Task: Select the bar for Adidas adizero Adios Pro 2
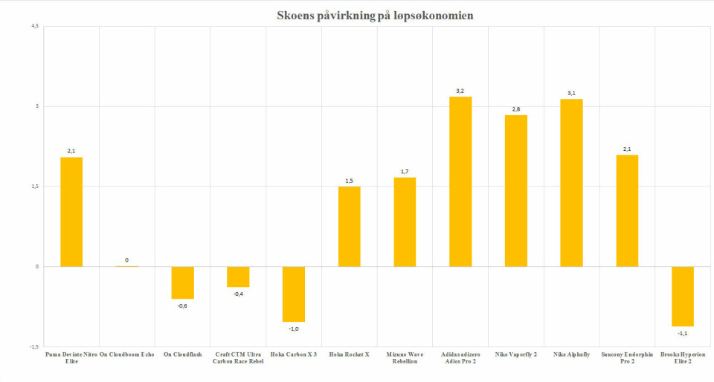(x=460, y=181)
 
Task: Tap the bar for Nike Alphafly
(x=571, y=183)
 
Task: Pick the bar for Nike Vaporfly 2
(x=515, y=191)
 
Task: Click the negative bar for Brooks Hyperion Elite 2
(x=682, y=296)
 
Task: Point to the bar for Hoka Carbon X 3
(x=294, y=294)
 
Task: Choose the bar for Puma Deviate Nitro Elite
(x=71, y=212)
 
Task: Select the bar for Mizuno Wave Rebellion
(x=405, y=221)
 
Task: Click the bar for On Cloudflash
(x=182, y=282)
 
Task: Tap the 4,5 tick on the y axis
(x=35, y=27)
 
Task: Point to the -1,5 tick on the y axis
(x=33, y=346)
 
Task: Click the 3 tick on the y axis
(x=36, y=106)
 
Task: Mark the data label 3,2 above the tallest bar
(x=460, y=91)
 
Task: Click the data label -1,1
(x=682, y=333)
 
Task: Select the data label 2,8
(x=515, y=109)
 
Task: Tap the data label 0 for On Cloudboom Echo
(x=126, y=260)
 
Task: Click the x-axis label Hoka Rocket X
(x=349, y=355)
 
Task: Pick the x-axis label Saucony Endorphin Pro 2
(x=627, y=357)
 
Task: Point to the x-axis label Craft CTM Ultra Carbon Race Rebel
(x=238, y=357)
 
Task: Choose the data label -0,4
(x=238, y=294)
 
